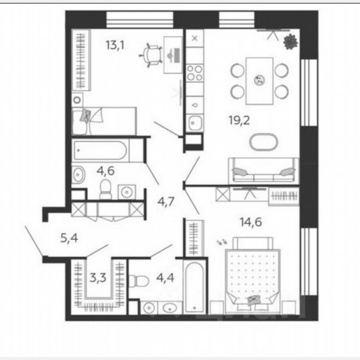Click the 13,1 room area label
tap(115, 45)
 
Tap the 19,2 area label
tap(238, 121)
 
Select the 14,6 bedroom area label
tap(250, 222)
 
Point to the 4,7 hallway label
tap(165, 203)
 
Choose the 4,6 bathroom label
tap(106, 170)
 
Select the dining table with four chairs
tap(259, 80)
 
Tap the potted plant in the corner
tap(290, 42)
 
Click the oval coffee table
tap(263, 142)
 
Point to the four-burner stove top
tap(194, 73)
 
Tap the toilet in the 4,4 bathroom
tap(138, 280)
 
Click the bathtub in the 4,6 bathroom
tap(100, 150)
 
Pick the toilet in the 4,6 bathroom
tap(105, 189)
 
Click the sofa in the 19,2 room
tap(263, 170)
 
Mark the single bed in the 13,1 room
tap(104, 121)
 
